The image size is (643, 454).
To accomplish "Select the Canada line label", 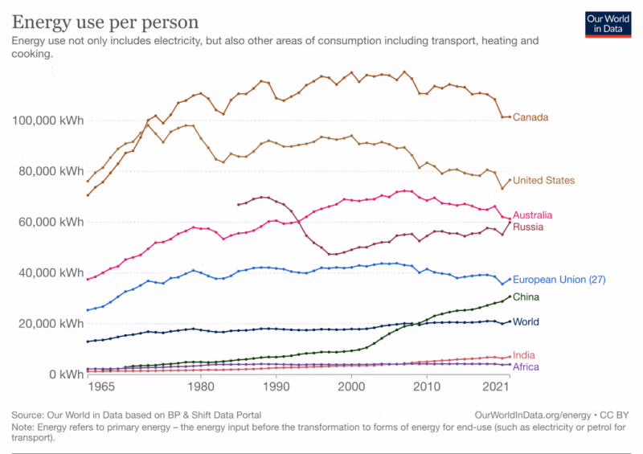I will pos(530,117).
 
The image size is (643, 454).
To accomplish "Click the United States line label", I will pos(544,181).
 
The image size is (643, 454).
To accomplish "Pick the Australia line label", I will pos(533,215).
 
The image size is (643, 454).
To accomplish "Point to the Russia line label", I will pos(527,227).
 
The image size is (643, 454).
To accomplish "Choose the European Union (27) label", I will pos(559,280).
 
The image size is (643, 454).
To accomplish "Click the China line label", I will pos(526,297).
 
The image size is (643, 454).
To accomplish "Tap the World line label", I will pos(526,322).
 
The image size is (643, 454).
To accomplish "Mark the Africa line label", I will pos(526,367).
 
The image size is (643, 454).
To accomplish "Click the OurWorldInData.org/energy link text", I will pos(534,415).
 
